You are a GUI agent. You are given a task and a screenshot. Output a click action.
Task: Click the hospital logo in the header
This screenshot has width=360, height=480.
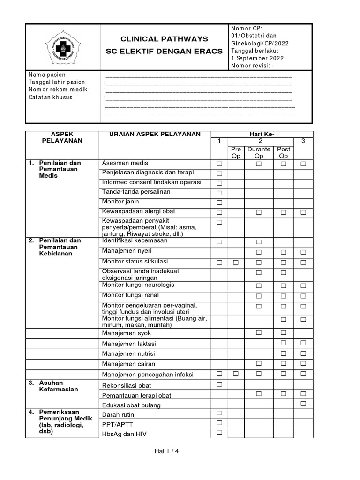[x=62, y=48]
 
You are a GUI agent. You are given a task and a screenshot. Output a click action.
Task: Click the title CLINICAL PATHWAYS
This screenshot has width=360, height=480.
[x=165, y=38]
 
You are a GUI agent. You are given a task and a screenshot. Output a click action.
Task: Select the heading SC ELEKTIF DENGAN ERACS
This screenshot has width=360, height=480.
[x=165, y=51]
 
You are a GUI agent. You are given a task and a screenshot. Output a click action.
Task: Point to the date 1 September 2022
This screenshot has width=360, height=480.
[x=257, y=59]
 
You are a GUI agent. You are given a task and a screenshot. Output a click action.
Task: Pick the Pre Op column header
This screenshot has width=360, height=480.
[x=236, y=152]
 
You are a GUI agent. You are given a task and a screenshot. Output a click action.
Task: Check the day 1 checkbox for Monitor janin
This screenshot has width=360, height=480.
[x=219, y=202]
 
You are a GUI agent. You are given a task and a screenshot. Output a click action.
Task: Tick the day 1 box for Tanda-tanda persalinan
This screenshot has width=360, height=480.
[x=219, y=193]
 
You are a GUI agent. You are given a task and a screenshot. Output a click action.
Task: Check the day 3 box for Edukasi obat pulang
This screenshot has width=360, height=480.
[x=303, y=404]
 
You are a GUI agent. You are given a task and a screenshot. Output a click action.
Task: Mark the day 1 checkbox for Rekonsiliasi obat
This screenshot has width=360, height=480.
[x=219, y=384]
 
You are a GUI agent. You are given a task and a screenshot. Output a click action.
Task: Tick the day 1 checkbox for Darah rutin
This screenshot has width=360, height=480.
[x=219, y=413]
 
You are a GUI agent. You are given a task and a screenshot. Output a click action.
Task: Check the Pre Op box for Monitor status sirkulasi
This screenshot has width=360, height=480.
[x=236, y=262]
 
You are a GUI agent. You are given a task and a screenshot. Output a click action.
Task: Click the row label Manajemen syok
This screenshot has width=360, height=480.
[x=127, y=333]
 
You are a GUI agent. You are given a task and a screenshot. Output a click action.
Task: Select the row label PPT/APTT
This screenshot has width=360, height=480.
[x=117, y=424]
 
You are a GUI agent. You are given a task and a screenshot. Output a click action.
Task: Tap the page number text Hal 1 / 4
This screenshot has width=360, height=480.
[x=167, y=451]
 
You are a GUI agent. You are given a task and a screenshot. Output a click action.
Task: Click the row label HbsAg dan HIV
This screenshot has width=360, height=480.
[x=124, y=434]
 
